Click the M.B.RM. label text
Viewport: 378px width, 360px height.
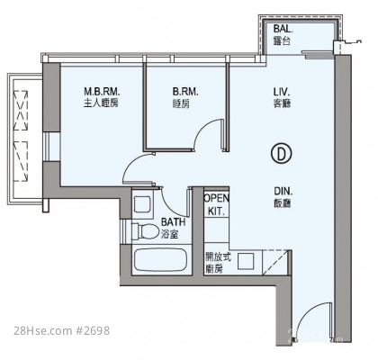102,91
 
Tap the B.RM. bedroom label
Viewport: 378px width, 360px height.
185,92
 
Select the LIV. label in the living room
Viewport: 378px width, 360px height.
282,91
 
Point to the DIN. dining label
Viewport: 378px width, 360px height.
283,191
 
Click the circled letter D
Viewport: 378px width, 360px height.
281,154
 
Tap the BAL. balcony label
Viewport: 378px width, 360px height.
283,29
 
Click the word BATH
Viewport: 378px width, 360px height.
173,222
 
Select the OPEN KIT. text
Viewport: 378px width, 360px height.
216,204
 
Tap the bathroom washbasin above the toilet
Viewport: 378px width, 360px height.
142,204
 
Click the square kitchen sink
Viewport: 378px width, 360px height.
246,261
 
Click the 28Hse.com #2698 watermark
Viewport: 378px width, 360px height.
61,330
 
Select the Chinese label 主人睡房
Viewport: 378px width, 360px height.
101,103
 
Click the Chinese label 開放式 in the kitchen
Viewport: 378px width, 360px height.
219,257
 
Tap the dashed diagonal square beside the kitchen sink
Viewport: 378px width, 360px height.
275,262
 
